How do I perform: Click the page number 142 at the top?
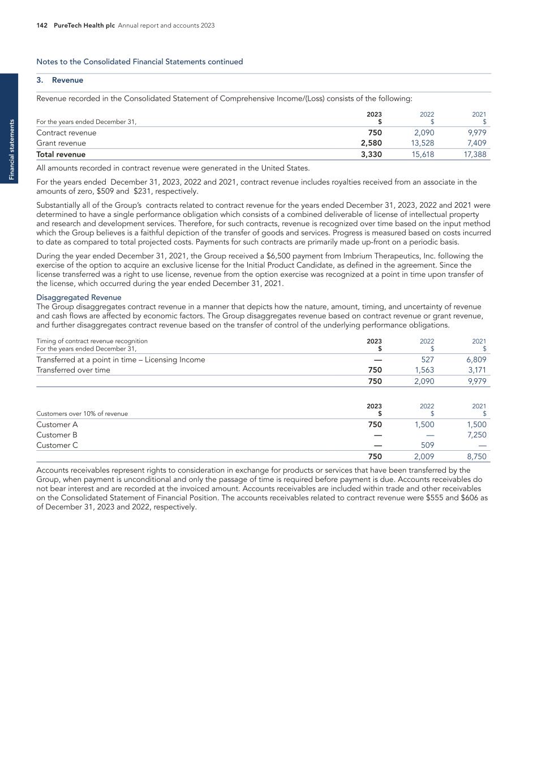point(41,25)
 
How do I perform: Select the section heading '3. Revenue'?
point(59,80)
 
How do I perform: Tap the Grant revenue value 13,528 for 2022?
point(422,143)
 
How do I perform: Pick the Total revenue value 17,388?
point(474,154)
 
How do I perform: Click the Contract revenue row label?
point(66,133)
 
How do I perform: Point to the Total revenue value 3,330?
point(371,154)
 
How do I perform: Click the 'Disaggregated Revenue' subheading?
point(79,297)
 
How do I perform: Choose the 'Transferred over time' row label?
point(73,370)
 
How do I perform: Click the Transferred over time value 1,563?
point(424,370)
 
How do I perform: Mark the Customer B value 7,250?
point(474,435)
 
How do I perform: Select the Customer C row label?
point(57,445)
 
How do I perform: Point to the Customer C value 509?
point(427,445)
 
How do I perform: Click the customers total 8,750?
point(474,456)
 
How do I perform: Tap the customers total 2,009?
point(424,456)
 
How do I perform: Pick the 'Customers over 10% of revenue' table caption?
point(82,413)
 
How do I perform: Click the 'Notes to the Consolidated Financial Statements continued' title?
point(139,62)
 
